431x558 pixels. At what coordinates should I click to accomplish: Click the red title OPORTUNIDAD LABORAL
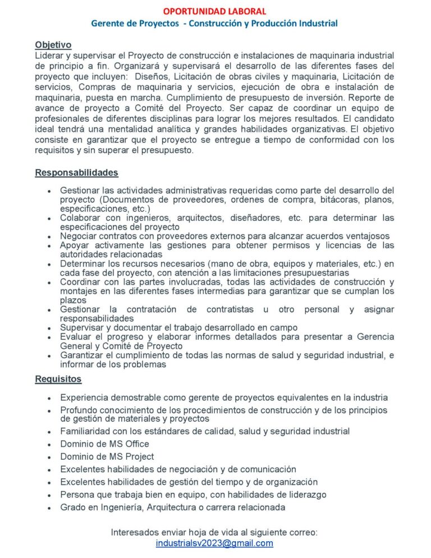(x=215, y=11)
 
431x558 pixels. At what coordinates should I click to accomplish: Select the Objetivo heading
(x=53, y=44)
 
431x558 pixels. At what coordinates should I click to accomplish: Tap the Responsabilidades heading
(x=76, y=172)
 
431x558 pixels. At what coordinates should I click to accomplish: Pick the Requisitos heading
(x=58, y=379)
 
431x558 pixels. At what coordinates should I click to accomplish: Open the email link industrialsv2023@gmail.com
(x=214, y=543)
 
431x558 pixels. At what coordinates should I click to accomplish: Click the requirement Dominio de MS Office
(x=104, y=444)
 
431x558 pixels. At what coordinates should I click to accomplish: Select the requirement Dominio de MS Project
(x=107, y=456)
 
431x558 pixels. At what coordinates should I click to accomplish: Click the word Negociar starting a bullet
(x=78, y=236)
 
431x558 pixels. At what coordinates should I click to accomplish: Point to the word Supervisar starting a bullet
(x=82, y=327)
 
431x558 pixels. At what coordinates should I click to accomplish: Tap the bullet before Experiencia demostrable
(x=51, y=398)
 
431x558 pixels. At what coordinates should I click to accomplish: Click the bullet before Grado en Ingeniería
(x=51, y=508)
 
